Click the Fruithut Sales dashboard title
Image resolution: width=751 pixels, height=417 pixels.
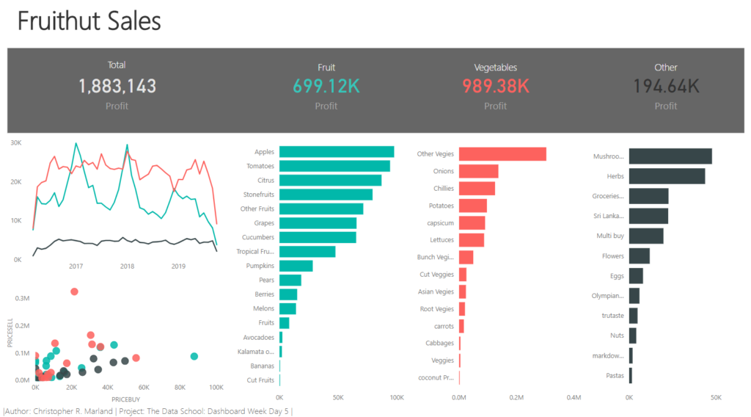pos(89,21)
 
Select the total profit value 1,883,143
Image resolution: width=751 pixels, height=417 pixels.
pos(117,86)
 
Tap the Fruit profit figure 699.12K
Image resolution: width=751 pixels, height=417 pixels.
pos(326,86)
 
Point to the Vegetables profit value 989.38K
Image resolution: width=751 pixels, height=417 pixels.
pos(496,86)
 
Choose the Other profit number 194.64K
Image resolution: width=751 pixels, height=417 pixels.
pos(665,86)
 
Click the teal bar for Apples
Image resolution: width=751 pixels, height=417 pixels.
pos(337,152)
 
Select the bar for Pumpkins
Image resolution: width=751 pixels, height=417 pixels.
pos(296,266)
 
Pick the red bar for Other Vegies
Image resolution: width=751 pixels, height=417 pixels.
pos(502,154)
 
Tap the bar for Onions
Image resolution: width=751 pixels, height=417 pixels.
pos(479,171)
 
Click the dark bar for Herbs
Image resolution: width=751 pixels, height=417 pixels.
pos(667,176)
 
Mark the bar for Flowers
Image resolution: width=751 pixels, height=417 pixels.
pos(640,256)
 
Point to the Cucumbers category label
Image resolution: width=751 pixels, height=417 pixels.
pos(258,237)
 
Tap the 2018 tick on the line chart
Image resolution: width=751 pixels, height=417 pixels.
pos(127,266)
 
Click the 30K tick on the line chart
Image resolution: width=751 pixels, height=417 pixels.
pos(15,142)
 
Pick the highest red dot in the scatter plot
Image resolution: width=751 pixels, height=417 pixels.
pos(74,291)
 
